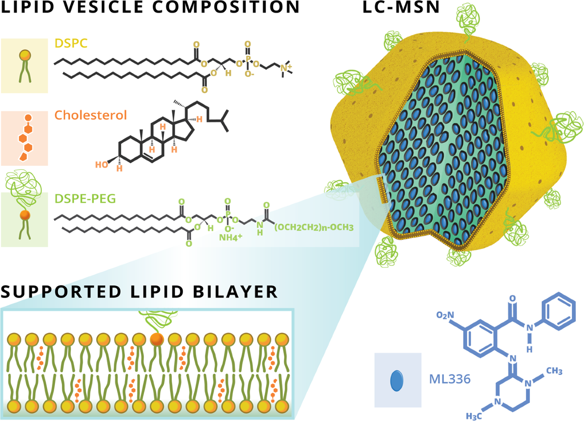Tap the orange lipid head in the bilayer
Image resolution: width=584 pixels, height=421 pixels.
click(156, 339)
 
